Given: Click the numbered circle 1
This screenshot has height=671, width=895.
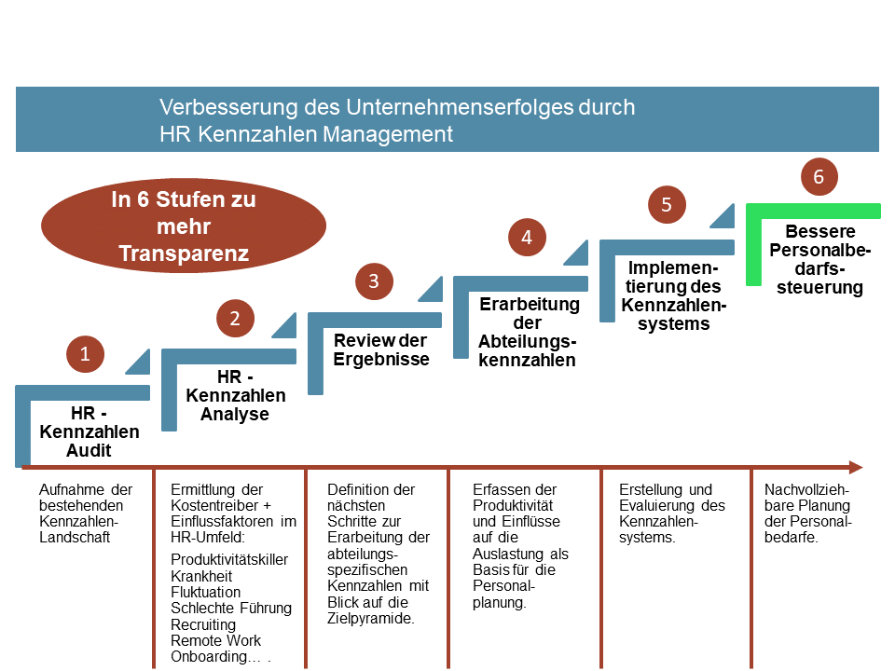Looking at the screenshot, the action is [85, 354].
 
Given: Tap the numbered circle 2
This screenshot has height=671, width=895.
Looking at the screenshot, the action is [235, 319].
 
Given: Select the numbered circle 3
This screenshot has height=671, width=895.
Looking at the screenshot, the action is [374, 281].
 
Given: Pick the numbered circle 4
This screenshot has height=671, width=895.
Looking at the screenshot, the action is [527, 238].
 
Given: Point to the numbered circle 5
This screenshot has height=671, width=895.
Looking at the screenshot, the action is [667, 205].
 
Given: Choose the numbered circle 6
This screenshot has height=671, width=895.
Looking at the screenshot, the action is [819, 177].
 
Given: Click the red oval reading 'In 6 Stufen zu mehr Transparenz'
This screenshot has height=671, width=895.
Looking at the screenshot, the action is [184, 226].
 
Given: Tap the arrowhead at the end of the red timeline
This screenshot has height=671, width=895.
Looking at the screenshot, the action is [856, 467].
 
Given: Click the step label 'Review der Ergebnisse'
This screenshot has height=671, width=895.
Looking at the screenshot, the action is [380, 349].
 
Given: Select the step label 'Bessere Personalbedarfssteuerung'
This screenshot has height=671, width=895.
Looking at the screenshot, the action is [819, 259].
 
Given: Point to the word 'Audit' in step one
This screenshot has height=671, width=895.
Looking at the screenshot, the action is [89, 451].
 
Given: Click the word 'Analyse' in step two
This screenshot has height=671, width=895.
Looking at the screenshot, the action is [235, 414].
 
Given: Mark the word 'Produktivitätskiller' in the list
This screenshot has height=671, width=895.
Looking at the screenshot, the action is [229, 560].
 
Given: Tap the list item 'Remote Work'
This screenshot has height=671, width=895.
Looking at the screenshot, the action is [215, 641].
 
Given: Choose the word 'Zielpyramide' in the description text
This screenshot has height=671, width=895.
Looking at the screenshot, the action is [369, 619].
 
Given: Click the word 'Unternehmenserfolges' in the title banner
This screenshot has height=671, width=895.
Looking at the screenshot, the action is [459, 107].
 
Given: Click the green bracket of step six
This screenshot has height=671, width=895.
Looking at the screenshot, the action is [754, 244].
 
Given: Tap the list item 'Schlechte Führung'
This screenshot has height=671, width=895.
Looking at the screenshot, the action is [231, 609].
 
